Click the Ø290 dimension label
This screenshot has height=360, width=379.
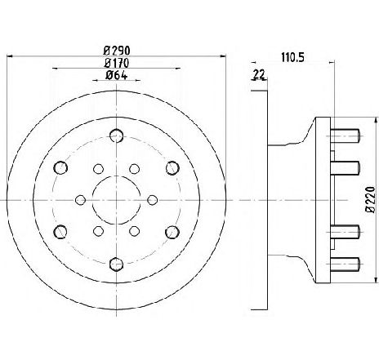coord(117,51)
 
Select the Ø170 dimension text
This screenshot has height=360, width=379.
coord(117,63)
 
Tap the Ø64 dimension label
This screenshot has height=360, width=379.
coord(116,75)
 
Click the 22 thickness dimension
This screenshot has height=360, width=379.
coord(259,74)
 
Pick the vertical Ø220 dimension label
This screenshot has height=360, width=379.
coord(371,199)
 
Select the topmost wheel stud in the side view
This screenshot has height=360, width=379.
coord(346,136)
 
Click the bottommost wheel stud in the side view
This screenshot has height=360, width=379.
coord(346,264)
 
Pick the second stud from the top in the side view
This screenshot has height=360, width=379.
coord(345,168)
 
